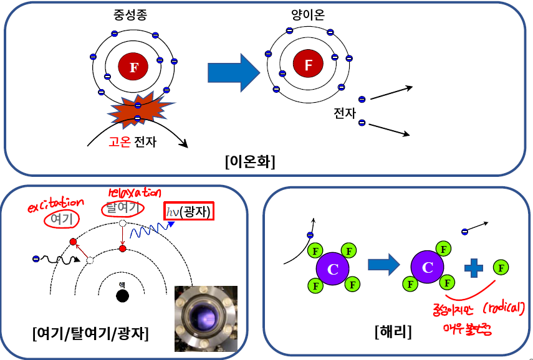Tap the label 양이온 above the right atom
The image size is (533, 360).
(x=307, y=14)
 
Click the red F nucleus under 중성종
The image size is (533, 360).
(x=133, y=67)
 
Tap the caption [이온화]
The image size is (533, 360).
(x=250, y=161)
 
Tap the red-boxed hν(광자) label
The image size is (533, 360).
(x=188, y=212)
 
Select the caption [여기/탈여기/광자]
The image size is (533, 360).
(x=90, y=334)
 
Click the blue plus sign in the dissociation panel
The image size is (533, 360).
(x=474, y=268)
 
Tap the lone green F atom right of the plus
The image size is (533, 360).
(x=501, y=268)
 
